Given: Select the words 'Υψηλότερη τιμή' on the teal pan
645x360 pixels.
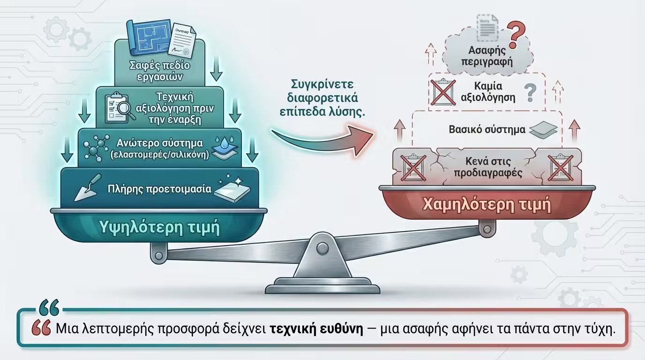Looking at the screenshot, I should pos(160,227).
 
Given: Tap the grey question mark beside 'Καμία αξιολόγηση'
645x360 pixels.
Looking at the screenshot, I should pos(530,92).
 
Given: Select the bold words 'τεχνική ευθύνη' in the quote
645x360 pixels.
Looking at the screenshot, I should pos(317,329).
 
